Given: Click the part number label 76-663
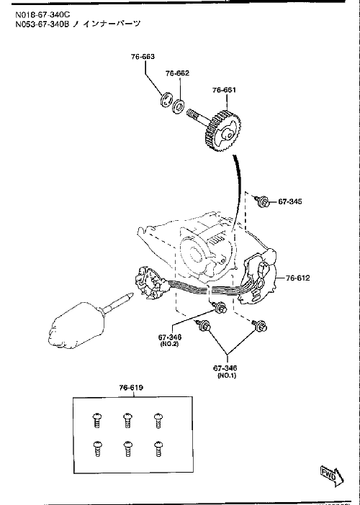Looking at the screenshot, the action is point(143,57).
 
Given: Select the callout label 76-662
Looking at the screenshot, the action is point(177,73).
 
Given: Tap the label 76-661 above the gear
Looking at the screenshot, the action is point(224,90).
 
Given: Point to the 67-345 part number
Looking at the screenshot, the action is point(290,201).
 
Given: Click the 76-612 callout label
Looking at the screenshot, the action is point(297,278).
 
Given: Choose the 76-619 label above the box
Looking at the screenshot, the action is point(131,388).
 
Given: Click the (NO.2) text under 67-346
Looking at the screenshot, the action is point(169,344).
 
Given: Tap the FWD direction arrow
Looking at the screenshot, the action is point(332,475).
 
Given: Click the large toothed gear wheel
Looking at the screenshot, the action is point(224,130).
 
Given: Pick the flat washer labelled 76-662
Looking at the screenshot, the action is point(178,106).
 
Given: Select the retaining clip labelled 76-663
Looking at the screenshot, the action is point(166,99).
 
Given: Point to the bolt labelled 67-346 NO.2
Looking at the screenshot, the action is point(219,307).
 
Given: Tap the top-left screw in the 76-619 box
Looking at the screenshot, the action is point(97,421).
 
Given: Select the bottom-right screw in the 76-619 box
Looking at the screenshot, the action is point(158,449).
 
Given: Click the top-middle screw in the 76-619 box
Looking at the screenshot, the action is point(127,421).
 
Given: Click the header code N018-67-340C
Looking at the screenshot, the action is point(42,14).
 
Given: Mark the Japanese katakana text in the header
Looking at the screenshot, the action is point(107,24).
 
